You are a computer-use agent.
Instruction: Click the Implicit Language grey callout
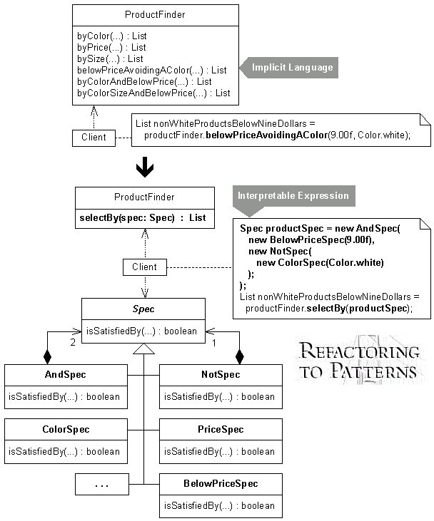click(289, 68)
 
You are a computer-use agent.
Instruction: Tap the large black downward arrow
click(145, 167)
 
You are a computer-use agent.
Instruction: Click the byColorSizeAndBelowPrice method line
click(153, 93)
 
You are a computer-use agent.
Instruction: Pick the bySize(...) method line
click(110, 59)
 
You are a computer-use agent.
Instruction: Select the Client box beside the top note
click(94, 138)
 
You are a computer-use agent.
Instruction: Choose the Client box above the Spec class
click(145, 267)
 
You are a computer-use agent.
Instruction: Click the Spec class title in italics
click(143, 309)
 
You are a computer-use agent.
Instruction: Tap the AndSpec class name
click(66, 374)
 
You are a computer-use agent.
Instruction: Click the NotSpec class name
click(221, 374)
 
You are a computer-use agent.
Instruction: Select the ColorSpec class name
click(66, 429)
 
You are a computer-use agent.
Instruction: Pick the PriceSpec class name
click(221, 429)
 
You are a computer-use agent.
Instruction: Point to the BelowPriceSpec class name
click(221, 483)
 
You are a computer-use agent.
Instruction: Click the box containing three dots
click(102, 485)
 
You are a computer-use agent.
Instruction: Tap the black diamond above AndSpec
click(48, 357)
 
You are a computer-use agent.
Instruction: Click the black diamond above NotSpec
click(239, 357)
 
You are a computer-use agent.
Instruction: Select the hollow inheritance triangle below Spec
click(143, 349)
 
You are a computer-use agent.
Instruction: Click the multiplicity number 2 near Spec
click(73, 342)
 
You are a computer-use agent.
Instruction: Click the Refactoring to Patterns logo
click(359, 361)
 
